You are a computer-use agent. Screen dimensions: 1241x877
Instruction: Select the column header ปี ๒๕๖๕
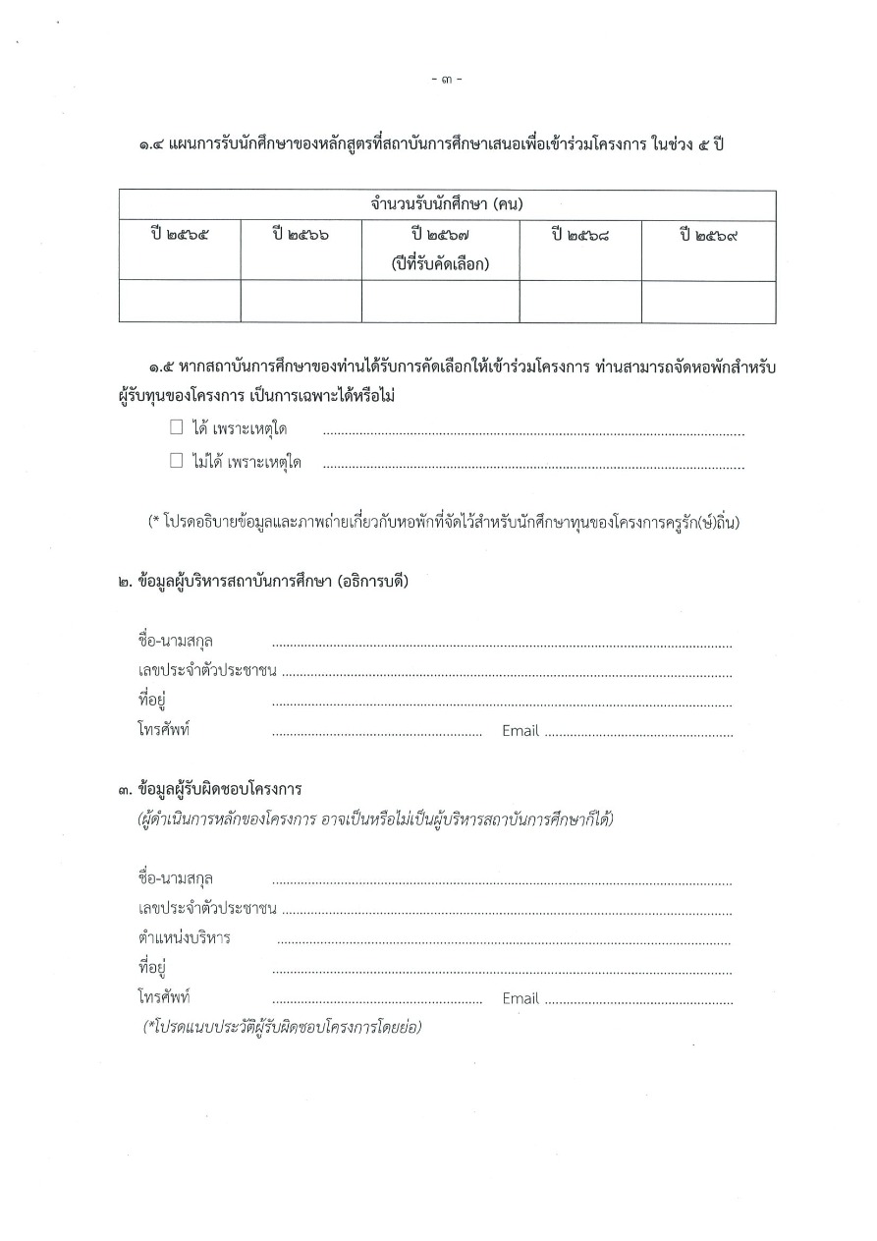pyautogui.click(x=181, y=236)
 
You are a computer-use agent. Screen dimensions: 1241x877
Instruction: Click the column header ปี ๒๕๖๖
pyautogui.click(x=301, y=236)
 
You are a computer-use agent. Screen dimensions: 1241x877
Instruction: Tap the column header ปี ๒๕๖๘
pyautogui.click(x=580, y=236)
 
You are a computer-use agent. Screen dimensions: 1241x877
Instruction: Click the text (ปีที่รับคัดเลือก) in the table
pyautogui.click(x=440, y=263)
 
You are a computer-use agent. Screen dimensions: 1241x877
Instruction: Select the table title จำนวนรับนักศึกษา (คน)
pyautogui.click(x=447, y=205)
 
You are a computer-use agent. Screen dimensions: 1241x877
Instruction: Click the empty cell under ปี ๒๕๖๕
pyautogui.click(x=180, y=302)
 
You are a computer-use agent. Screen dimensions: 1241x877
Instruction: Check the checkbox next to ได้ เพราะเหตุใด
pyautogui.click(x=177, y=428)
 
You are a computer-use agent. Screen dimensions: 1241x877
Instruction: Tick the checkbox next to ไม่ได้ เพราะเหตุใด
pyautogui.click(x=177, y=460)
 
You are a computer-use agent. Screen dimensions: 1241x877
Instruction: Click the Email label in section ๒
pyautogui.click(x=521, y=731)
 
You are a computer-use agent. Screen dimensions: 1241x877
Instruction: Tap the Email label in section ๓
pyautogui.click(x=521, y=998)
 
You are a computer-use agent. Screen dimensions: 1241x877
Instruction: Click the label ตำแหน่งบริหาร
pyautogui.click(x=185, y=937)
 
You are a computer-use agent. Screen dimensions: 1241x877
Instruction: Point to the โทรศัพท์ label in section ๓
pyautogui.click(x=164, y=998)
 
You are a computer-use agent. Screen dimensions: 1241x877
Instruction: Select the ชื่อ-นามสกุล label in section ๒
pyautogui.click(x=176, y=642)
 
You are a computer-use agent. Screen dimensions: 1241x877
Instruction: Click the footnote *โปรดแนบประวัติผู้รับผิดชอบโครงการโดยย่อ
pyautogui.click(x=283, y=1028)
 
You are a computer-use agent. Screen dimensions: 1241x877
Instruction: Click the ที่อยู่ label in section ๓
pyautogui.click(x=152, y=968)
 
